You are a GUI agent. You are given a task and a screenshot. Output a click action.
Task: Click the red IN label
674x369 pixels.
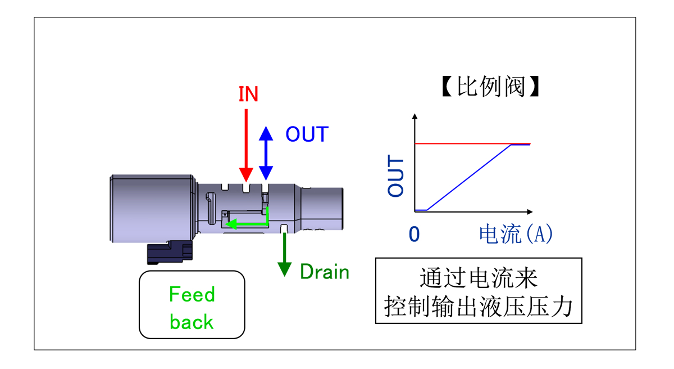tap(248, 94)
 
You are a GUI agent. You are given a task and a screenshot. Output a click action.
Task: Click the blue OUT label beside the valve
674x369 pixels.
tap(307, 134)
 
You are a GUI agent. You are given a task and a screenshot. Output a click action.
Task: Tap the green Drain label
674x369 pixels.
tap(325, 272)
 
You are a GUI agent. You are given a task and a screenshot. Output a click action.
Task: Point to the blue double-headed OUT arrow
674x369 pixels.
tap(266, 153)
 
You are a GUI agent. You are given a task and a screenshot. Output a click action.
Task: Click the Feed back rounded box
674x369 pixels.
tap(192, 305)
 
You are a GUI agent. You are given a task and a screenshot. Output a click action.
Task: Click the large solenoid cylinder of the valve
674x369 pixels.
tap(153, 208)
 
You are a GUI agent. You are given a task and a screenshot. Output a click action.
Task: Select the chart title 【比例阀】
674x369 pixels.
tap(490, 88)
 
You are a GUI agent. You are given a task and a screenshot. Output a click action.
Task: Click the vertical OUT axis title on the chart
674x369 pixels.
tap(396, 177)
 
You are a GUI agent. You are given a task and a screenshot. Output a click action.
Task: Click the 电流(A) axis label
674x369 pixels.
tap(516, 234)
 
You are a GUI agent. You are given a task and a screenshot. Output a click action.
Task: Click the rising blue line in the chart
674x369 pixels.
tap(469, 178)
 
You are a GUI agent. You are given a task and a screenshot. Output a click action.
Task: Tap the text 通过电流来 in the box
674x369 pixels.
tap(479, 278)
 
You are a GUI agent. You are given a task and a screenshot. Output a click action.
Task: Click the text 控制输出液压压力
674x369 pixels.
tap(479, 307)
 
